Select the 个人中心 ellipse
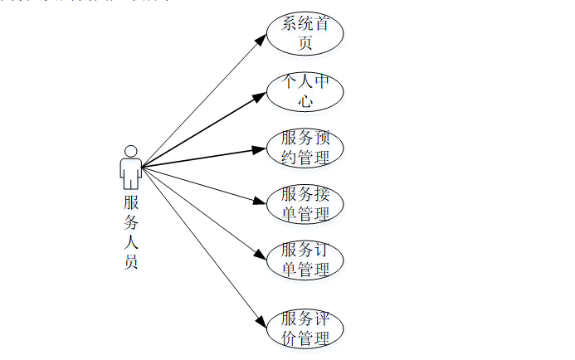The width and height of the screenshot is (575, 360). tap(305, 91)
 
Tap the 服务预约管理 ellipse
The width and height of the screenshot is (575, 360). tap(305, 148)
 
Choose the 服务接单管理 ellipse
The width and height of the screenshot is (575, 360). tap(305, 203)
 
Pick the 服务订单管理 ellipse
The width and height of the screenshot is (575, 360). tap(305, 260)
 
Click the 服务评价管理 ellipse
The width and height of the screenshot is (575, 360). tap(305, 328)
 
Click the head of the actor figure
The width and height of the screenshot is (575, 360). tap(130, 151)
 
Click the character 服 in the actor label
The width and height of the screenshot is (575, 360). tap(131, 202)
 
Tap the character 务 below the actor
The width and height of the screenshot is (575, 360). tap(131, 221)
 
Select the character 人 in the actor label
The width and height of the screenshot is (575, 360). tap(131, 242)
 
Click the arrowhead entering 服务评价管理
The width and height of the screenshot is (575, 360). tap(261, 319)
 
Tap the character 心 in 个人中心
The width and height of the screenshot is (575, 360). tap(305, 101)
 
